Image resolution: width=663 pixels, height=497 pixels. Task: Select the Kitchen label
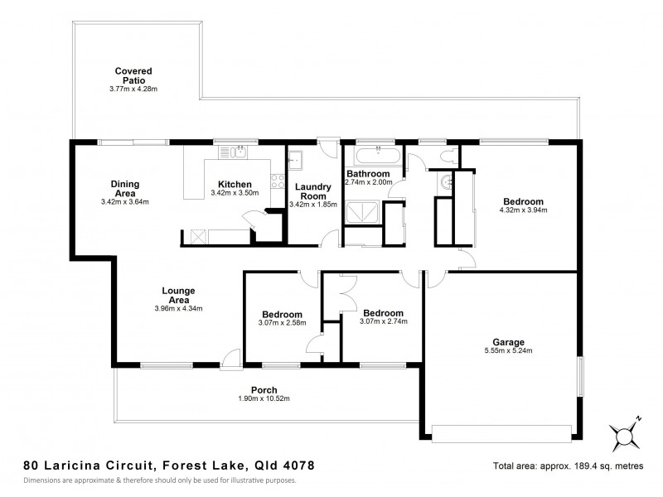[x=235, y=184]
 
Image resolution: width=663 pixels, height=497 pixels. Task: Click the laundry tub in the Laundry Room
[x=298, y=159]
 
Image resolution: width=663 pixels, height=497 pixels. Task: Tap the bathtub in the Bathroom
[x=378, y=155]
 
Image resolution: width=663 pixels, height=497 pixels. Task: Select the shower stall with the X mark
[x=360, y=213]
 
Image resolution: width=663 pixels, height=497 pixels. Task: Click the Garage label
[x=508, y=341]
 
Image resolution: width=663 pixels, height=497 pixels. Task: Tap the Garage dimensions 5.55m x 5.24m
[x=508, y=351]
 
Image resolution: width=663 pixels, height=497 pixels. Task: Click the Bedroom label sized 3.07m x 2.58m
[x=282, y=314]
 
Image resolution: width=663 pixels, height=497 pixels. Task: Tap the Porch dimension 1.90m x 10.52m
[x=264, y=399]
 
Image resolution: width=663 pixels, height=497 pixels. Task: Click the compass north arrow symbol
[x=623, y=432]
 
